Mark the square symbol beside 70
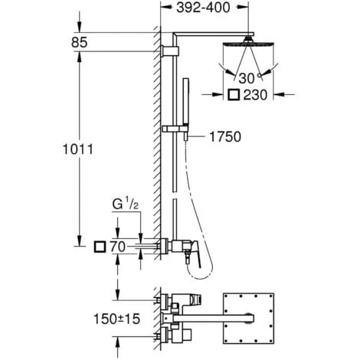coord(98,247)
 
